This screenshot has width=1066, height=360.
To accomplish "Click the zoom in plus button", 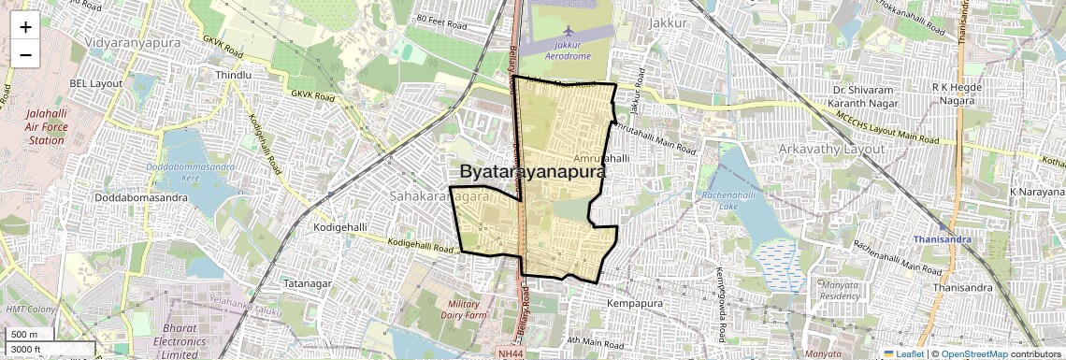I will (25, 28).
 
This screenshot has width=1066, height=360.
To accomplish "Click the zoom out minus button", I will (25, 55).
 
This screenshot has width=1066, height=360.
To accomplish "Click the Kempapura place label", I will (634, 304).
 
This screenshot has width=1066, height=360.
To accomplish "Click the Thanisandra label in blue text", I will (940, 238).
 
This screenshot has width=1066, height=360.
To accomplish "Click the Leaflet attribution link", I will (902, 353).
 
